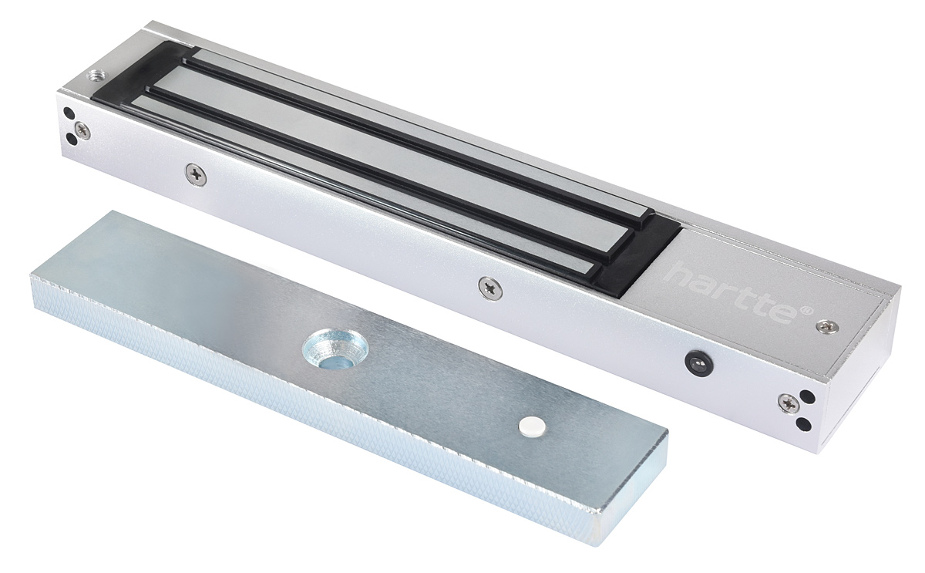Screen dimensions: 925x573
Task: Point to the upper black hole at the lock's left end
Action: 70,113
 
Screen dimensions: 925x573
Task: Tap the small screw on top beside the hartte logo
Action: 829,326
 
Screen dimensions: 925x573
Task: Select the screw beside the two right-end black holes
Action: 789,403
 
